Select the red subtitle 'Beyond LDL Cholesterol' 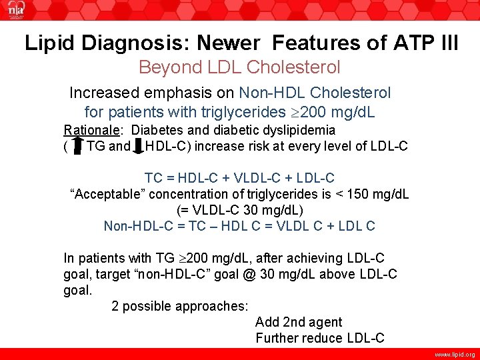click(x=239, y=67)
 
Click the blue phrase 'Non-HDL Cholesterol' click(x=315, y=93)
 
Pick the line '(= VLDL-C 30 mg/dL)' click(x=239, y=210)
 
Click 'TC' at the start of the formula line click(x=153, y=179)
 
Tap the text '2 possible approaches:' click(x=179, y=307)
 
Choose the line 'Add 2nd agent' click(x=299, y=323)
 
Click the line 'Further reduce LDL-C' click(x=320, y=338)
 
